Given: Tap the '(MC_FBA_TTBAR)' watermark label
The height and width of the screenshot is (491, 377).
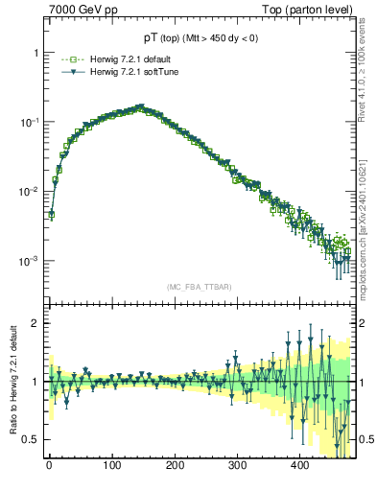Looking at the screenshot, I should click(x=200, y=288).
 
